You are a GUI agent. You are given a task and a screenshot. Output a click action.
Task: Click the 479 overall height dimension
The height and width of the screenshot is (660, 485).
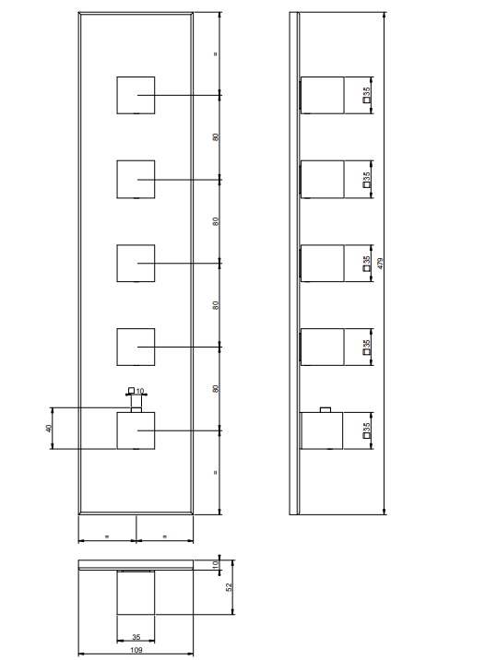point(380,264)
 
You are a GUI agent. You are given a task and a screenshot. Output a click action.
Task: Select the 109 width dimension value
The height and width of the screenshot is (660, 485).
point(136,650)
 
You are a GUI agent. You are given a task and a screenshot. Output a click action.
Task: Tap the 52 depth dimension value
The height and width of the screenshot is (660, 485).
point(229,587)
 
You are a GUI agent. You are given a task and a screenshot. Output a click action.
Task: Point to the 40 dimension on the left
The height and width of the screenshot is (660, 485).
point(49,429)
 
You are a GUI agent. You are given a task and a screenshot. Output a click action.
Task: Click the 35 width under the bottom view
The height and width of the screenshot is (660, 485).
point(136,637)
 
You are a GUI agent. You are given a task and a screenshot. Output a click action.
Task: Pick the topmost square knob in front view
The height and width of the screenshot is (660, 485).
point(136,95)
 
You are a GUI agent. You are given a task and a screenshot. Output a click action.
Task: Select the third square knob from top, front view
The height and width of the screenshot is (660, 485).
point(136,263)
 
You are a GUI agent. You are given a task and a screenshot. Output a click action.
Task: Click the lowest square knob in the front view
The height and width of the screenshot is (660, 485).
point(136,430)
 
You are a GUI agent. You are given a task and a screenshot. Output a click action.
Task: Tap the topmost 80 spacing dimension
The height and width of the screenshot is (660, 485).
point(216,137)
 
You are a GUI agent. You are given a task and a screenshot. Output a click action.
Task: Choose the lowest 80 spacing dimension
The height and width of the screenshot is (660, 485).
point(216,388)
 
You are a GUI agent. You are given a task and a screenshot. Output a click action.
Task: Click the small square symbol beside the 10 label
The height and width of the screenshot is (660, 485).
point(131,391)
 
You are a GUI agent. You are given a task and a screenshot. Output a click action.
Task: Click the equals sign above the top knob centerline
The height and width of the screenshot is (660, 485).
point(216,53)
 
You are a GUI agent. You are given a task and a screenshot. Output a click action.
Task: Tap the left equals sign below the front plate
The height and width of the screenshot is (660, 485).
point(107,536)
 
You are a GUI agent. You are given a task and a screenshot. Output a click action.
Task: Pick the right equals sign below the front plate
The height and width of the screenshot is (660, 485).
point(165,536)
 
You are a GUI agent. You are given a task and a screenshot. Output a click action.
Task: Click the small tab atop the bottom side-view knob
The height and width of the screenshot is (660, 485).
point(325,409)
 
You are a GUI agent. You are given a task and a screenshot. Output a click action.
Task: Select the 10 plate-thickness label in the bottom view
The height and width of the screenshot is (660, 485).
point(216,564)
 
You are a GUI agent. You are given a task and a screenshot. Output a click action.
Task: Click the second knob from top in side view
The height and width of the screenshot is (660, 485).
point(322,180)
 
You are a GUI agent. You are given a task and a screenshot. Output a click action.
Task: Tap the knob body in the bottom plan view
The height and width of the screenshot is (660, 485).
point(136,593)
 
